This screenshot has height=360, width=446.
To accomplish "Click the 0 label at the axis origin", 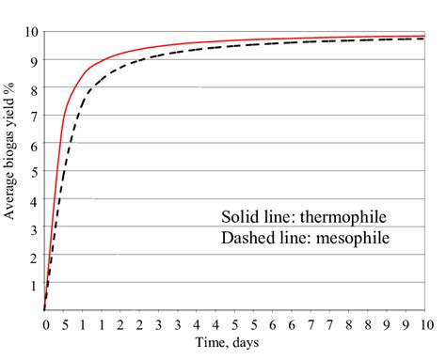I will click(45, 324).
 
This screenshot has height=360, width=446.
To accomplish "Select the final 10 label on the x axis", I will click(426, 324).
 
